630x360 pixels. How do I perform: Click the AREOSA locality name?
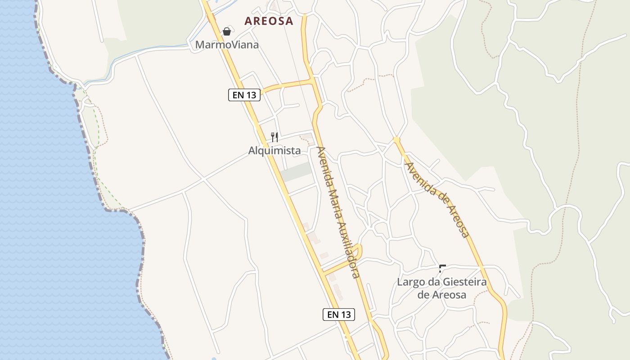click(269, 21)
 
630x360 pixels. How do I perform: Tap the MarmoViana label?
click(227, 45)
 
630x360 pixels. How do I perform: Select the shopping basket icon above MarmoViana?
click(227, 31)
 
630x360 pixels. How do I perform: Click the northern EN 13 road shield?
click(244, 94)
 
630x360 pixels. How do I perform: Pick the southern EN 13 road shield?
click(339, 315)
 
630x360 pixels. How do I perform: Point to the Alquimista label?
click(274, 151)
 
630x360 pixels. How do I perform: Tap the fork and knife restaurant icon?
click(274, 137)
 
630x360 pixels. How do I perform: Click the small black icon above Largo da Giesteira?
click(442, 269)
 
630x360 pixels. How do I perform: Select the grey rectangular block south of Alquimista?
click(296, 172)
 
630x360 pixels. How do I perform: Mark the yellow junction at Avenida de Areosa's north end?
click(396, 140)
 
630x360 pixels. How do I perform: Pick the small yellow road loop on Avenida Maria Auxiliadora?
click(357, 250)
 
